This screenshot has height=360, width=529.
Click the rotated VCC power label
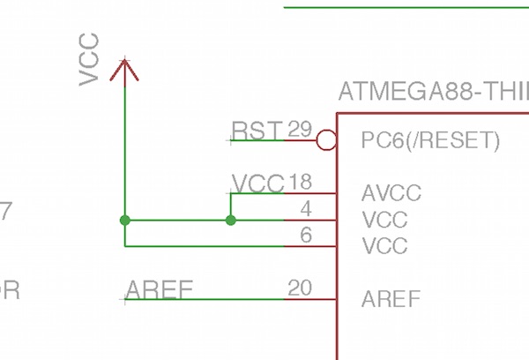(89, 60)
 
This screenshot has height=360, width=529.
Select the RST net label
(257, 131)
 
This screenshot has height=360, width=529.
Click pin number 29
(300, 130)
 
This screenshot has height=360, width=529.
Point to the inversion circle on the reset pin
(326, 139)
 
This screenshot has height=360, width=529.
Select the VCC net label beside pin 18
(257, 184)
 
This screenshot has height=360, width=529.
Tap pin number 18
(300, 183)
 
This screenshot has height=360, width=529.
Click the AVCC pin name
(391, 193)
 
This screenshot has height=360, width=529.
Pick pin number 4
(305, 209)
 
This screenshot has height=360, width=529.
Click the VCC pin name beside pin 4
(384, 220)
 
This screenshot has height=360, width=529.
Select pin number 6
(305, 235)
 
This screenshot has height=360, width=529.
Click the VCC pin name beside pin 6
(384, 245)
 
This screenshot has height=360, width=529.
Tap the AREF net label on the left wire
(159, 289)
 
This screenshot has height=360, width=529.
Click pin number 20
(300, 288)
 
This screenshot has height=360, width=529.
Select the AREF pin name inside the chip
(391, 299)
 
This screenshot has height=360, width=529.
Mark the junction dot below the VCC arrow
(125, 220)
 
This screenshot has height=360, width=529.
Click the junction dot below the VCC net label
(231, 220)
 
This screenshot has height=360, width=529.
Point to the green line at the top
(406, 8)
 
